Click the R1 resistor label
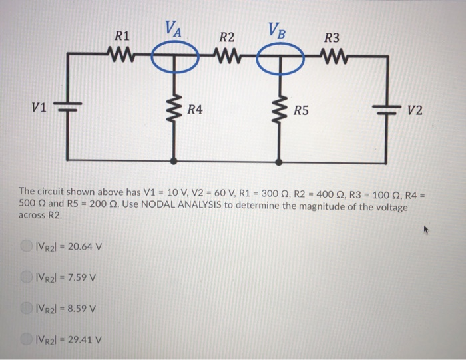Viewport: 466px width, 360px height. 123,37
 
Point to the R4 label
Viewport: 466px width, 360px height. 195,110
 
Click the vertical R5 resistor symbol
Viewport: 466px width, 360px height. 279,110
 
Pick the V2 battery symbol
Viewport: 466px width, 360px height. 387,110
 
